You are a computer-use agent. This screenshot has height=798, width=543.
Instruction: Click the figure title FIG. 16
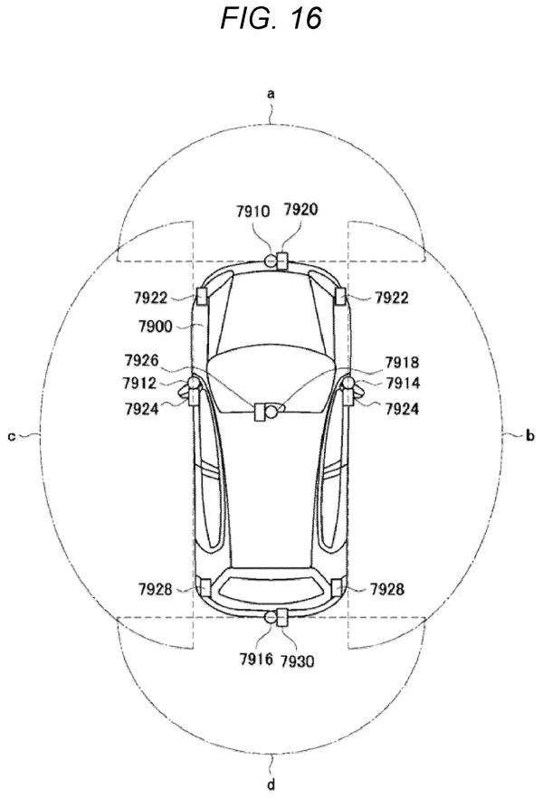pyautogui.click(x=271, y=18)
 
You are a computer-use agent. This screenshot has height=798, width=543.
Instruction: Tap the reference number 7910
pyautogui.click(x=252, y=211)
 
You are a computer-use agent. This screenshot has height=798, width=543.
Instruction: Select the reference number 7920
pyautogui.click(x=300, y=209)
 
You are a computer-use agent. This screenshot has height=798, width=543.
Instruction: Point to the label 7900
pyautogui.click(x=156, y=326)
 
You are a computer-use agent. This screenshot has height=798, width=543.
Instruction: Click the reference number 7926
pyautogui.click(x=141, y=360)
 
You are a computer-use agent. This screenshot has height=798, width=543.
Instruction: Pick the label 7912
pyautogui.click(x=139, y=383)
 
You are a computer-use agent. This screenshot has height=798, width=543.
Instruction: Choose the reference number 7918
pyautogui.click(x=402, y=362)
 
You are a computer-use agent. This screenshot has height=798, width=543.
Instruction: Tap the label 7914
pyautogui.click(x=403, y=383)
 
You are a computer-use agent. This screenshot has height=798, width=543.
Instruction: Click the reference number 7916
pyautogui.click(x=256, y=659)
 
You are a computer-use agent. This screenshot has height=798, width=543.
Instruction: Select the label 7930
pyautogui.click(x=298, y=661)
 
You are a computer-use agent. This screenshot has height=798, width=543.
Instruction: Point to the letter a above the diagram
pyautogui.click(x=271, y=93)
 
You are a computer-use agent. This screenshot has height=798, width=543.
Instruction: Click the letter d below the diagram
pyautogui.click(x=271, y=784)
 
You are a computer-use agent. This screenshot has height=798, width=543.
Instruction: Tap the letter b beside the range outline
pyautogui.click(x=530, y=435)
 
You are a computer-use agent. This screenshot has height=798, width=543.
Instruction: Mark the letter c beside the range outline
pyautogui.click(x=12, y=436)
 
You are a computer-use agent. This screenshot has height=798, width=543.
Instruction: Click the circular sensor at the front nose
pyautogui.click(x=271, y=261)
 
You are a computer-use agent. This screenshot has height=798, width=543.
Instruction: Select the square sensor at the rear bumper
pyautogui.click(x=282, y=617)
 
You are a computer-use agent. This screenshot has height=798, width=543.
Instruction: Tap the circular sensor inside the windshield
pyautogui.click(x=271, y=411)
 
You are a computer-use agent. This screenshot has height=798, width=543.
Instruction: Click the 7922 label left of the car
pyautogui.click(x=150, y=297)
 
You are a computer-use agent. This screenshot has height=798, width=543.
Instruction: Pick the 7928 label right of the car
pyautogui.click(x=386, y=589)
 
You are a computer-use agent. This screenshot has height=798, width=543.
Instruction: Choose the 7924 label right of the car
pyautogui.click(x=402, y=408)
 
